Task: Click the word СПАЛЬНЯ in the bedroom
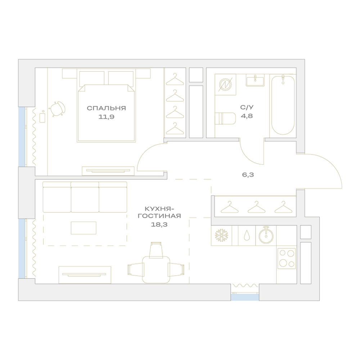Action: point(106,108)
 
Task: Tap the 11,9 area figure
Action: point(106,117)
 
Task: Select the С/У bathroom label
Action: point(247,107)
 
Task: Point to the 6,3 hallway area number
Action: point(248,175)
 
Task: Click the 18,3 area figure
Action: point(159,225)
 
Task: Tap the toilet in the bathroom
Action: point(225,118)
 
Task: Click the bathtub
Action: point(283,105)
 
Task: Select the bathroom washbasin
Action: point(255,80)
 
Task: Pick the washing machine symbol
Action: point(225,85)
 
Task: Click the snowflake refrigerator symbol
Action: point(221,235)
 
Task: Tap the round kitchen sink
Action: point(266,235)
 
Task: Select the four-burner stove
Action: point(287,258)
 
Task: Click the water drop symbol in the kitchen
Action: point(247,235)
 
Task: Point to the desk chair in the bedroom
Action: point(57,109)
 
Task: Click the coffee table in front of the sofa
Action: point(84,228)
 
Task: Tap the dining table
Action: point(156,270)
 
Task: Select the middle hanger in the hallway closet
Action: point(256,207)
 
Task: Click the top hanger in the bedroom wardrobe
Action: point(175,79)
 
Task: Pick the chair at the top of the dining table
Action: point(156,249)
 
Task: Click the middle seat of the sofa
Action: point(85,197)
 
